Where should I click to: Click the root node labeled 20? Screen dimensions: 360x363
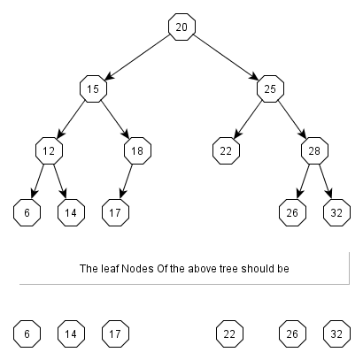point(181,27)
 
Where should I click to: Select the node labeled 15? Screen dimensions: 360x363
point(93,88)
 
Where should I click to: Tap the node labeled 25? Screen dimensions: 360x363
point(270,88)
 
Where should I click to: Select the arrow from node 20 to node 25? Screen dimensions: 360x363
point(226,58)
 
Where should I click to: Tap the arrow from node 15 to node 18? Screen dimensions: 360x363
point(115,119)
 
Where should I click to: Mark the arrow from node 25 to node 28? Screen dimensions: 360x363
point(292,119)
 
